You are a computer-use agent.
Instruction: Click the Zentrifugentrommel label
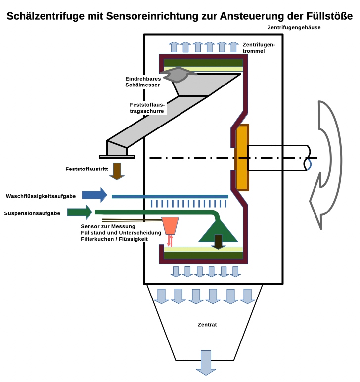pyautogui.click(x=259, y=48)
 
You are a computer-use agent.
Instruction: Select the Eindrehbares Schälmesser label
pyautogui.click(x=142, y=82)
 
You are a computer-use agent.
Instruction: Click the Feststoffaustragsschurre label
pyautogui.click(x=147, y=108)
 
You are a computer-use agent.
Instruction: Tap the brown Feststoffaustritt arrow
pyautogui.click(x=117, y=170)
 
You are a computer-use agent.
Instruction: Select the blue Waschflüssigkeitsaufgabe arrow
pyautogui.click(x=94, y=195)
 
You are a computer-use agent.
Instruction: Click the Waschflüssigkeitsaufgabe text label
pyautogui.click(x=41, y=196)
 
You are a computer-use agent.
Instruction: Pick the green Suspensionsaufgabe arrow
pyautogui.click(x=80, y=212)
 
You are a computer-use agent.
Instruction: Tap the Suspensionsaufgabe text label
pyautogui.click(x=32, y=213)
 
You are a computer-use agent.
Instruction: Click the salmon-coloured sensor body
pyautogui.click(x=171, y=225)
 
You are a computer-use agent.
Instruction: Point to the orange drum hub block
pyautogui.click(x=242, y=157)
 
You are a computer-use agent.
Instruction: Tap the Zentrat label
pyautogui.click(x=207, y=325)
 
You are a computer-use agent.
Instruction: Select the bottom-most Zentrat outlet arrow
pyautogui.click(x=206, y=362)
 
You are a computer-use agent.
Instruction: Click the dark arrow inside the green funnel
pyautogui.click(x=218, y=241)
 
